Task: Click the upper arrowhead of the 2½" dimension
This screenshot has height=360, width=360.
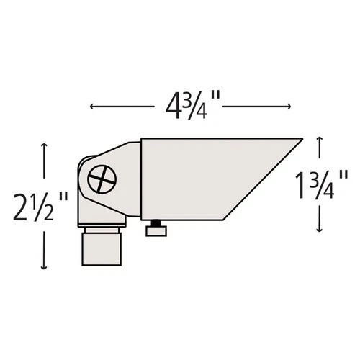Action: coord(45,146)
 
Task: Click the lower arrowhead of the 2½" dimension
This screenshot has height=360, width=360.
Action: coord(45,267)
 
